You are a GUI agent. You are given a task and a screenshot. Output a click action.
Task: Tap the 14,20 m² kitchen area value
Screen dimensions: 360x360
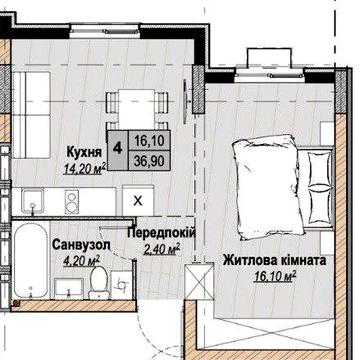click(x=85, y=168)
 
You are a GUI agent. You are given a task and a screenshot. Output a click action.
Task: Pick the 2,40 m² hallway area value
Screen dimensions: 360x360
click(x=159, y=249)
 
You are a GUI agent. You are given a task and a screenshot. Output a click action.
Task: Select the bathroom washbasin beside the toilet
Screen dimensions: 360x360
click(x=67, y=290)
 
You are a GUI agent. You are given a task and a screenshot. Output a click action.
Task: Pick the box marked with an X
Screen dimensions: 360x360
click(x=137, y=199)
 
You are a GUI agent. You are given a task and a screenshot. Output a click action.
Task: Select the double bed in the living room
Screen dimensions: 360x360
click(x=270, y=180)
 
